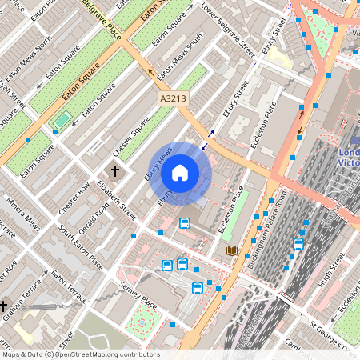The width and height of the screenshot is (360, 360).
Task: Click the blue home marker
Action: tap(180, 172)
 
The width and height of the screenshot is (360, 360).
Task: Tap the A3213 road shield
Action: tap(172, 98)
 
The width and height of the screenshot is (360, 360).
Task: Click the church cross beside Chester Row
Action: tap(115, 171)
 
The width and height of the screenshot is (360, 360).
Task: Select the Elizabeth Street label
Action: tap(117, 199)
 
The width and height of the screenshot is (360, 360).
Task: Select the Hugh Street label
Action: tap(330, 269)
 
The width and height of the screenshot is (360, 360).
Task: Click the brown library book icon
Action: tap(231, 250)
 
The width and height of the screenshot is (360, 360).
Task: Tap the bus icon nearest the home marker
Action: tap(185, 222)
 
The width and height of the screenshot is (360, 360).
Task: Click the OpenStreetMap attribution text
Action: tap(80, 354)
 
